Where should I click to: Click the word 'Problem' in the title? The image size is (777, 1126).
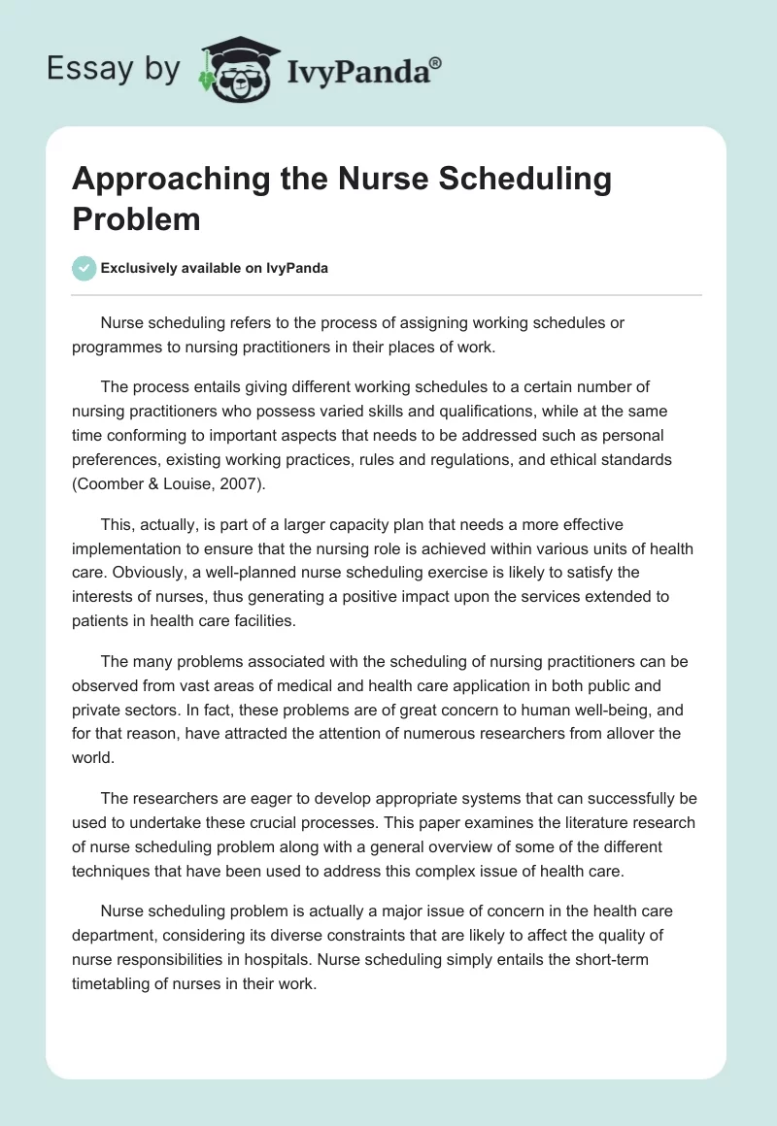click(x=136, y=219)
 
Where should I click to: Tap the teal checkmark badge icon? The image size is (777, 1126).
click(x=84, y=268)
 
